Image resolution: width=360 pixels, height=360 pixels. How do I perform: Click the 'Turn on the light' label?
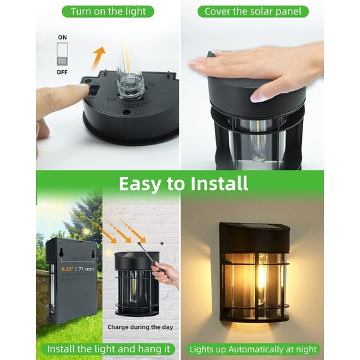click(108, 11)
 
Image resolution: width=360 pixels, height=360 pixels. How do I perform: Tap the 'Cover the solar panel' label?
click(253, 11)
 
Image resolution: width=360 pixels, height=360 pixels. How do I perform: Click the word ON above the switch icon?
click(62, 38)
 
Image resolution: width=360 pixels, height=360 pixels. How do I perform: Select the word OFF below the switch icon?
click(62, 72)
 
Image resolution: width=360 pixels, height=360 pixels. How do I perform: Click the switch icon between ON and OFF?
click(62, 54)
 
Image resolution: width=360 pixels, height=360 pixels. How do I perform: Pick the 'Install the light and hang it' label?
click(107, 349)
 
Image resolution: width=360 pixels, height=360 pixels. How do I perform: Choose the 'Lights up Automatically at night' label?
click(253, 349)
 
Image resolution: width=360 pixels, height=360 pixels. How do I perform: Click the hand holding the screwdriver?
click(166, 273)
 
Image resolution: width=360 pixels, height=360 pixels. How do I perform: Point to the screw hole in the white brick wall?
click(162, 243)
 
